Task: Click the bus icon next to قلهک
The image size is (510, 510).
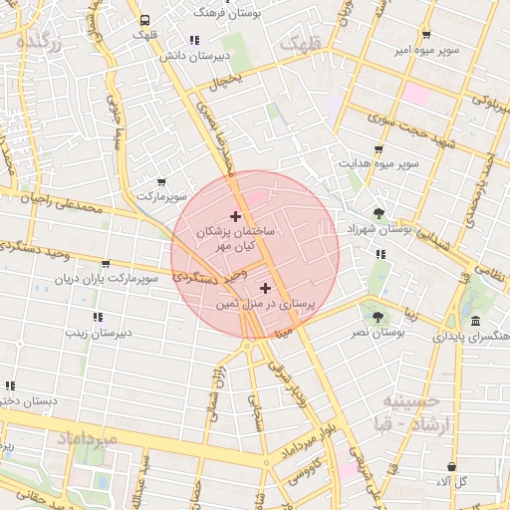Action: tap(145, 19)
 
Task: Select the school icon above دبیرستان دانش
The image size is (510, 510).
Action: tap(194, 40)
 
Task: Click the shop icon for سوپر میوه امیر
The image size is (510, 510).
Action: tap(425, 34)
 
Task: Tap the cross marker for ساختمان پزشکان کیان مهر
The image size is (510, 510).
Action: tap(235, 216)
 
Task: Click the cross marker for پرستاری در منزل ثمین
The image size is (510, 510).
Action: tap(264, 288)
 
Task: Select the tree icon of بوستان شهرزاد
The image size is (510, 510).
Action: tap(378, 212)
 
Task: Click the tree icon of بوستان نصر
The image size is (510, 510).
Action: tap(378, 317)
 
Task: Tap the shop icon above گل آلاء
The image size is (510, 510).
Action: tap(452, 465)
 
